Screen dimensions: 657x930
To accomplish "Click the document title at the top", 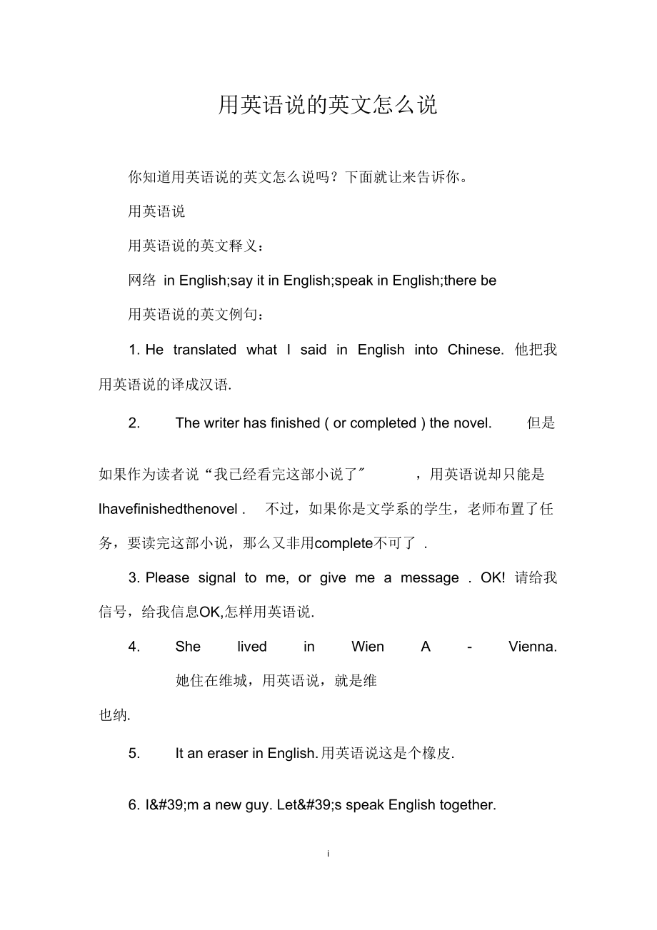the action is [x=328, y=105].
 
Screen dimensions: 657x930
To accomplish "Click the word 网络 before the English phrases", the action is [x=142, y=280].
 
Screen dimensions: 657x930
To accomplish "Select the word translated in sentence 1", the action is [x=204, y=350].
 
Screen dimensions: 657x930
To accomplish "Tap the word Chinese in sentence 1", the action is [x=475, y=350].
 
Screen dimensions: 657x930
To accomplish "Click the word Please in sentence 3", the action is [x=168, y=578].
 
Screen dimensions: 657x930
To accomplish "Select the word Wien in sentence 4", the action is [x=368, y=647].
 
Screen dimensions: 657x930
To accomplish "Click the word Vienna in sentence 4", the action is [x=532, y=647].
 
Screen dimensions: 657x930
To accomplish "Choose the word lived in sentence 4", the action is [x=252, y=647].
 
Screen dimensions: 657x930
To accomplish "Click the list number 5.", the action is [x=134, y=753].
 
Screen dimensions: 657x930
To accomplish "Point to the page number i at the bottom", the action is [x=328, y=854].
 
